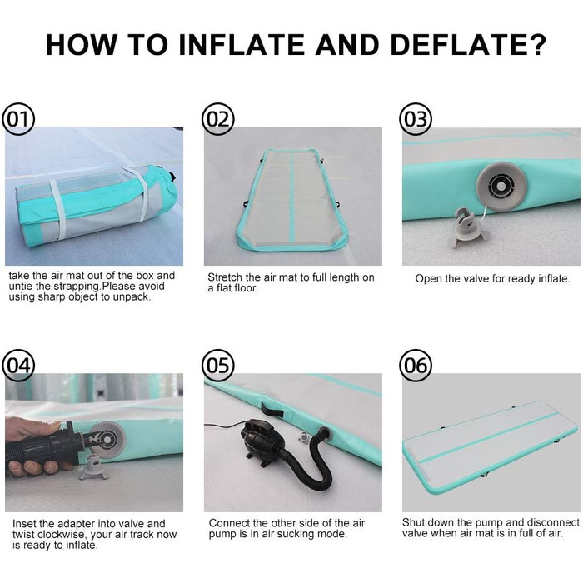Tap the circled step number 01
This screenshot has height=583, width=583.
(x=18, y=119)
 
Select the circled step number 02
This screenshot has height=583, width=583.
(x=218, y=119)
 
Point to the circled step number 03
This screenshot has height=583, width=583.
(x=416, y=119)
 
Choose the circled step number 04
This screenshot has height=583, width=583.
(x=18, y=366)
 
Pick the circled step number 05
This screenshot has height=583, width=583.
(x=218, y=366)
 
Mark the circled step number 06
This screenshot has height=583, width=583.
(x=416, y=366)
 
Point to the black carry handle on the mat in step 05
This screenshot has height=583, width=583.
(x=272, y=410)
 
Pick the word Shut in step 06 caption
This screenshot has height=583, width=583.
(x=413, y=522)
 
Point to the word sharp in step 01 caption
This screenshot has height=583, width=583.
(x=50, y=297)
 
